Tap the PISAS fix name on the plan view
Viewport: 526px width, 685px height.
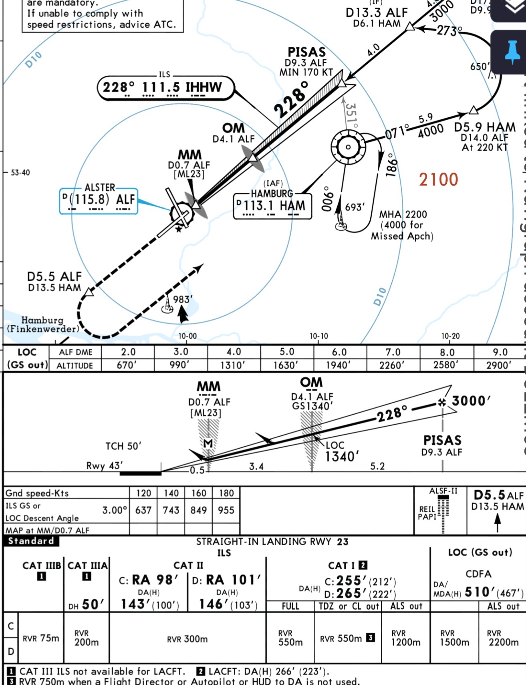[x=306, y=52]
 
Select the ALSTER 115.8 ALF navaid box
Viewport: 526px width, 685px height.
[x=99, y=200]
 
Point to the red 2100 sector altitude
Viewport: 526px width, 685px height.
[x=438, y=180]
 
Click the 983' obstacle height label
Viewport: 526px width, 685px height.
[x=183, y=300]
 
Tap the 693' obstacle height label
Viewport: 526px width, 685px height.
[x=355, y=207]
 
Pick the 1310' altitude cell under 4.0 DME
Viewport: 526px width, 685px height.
[x=234, y=365]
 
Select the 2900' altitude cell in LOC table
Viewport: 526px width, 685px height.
[x=499, y=365]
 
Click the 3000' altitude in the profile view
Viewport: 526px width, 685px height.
[x=471, y=401]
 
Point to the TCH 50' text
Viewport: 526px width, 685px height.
[x=123, y=446]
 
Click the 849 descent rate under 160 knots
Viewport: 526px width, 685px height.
[x=199, y=510]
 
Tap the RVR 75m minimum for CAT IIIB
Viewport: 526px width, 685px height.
[x=41, y=639]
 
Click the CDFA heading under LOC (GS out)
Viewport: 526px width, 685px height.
[x=478, y=574]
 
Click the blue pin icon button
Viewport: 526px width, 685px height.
[x=512, y=52]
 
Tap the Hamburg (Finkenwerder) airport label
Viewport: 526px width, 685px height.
[x=43, y=325]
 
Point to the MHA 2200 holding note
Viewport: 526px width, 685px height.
[x=403, y=215]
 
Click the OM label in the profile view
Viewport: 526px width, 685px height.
[x=311, y=383]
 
